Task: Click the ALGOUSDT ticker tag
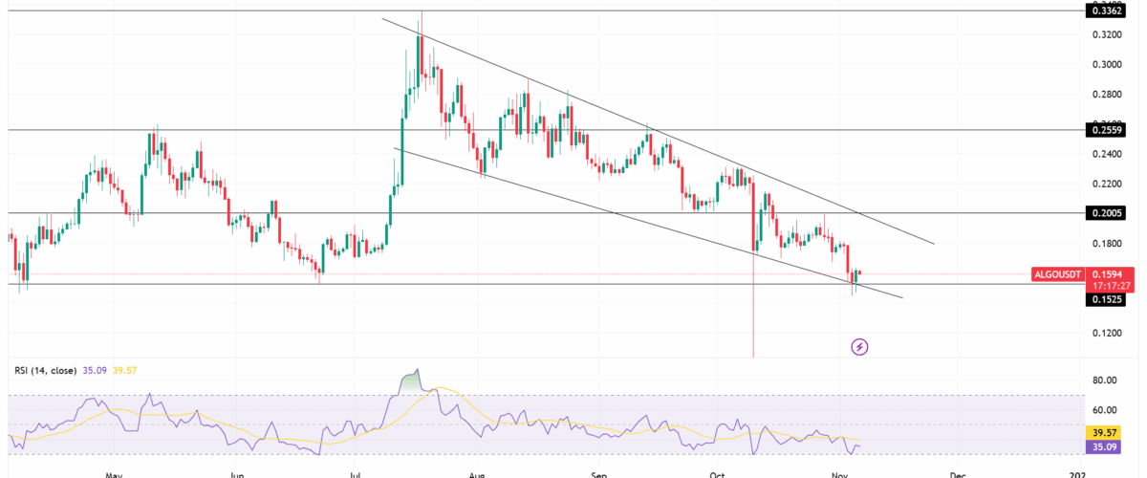1059,274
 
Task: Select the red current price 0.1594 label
1105,273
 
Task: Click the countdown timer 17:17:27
1105,285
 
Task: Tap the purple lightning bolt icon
859,346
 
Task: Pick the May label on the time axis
115,473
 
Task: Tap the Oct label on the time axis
719,473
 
